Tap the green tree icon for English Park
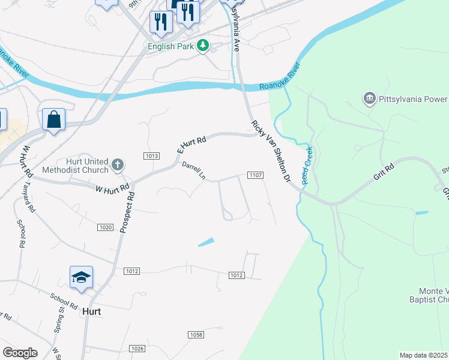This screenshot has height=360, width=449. pos(203,45)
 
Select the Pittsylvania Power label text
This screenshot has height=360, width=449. pos(414,98)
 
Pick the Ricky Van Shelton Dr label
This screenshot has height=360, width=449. pos(271,151)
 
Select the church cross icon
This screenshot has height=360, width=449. pos(118,164)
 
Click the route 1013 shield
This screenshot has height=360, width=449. pos(151,156)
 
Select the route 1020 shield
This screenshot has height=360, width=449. pos(105,227)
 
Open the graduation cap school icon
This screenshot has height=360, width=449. pos(81,277)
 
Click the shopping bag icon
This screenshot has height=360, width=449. pos(54,119)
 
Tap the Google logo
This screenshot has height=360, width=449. pos(20,353)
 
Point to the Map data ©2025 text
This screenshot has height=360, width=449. pos(424,355)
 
